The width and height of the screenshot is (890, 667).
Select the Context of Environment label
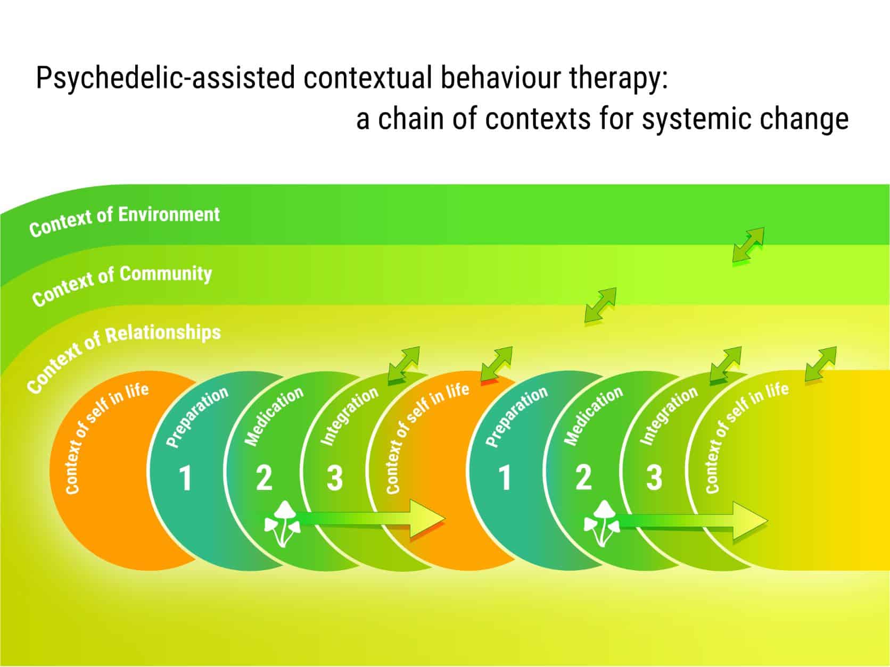[x=125, y=221]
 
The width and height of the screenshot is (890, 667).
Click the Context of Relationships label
[x=123, y=356]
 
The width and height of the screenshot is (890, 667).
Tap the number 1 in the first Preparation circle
[x=186, y=478]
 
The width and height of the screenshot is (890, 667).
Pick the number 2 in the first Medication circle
[x=264, y=478]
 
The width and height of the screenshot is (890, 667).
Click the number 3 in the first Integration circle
[x=335, y=478]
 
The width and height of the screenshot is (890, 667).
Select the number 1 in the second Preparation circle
[x=505, y=478]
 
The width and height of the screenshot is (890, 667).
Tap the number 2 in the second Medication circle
[x=583, y=478]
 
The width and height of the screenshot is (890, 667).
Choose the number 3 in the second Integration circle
[x=654, y=478]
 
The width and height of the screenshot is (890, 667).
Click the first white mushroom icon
[x=283, y=523]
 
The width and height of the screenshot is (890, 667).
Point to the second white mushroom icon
[x=601, y=523]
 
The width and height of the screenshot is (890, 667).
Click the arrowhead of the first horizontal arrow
[x=426, y=519]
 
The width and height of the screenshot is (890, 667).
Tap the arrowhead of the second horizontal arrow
[x=749, y=521]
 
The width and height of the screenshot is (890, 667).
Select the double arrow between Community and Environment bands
[x=748, y=245]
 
